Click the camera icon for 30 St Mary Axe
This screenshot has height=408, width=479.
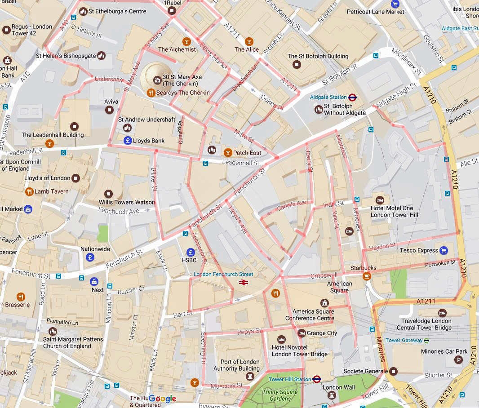[x=157, y=80]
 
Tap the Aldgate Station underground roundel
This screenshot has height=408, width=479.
[x=352, y=97]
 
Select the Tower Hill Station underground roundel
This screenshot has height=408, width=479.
[x=317, y=379]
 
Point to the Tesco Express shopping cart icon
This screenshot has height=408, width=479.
[x=444, y=250]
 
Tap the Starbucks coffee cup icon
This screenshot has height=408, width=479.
[x=367, y=275]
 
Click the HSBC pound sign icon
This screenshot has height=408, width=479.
[x=191, y=252]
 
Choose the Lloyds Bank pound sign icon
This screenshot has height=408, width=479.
[x=128, y=141]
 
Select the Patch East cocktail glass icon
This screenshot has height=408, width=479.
[x=227, y=152]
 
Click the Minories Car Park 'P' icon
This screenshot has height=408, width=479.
[x=458, y=359]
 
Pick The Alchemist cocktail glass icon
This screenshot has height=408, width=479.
[x=186, y=41]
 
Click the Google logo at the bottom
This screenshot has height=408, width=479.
[x=162, y=399]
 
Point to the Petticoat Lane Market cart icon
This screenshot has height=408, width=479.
[x=395, y=4]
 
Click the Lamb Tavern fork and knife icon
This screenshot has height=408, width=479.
[x=29, y=191]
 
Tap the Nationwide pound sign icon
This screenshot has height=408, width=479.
[x=90, y=257]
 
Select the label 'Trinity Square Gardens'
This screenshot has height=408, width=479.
[x=280, y=395]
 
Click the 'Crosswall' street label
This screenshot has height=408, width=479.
[x=324, y=275]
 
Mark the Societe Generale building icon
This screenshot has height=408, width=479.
[x=394, y=371]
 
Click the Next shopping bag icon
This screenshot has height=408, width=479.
[x=94, y=282]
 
